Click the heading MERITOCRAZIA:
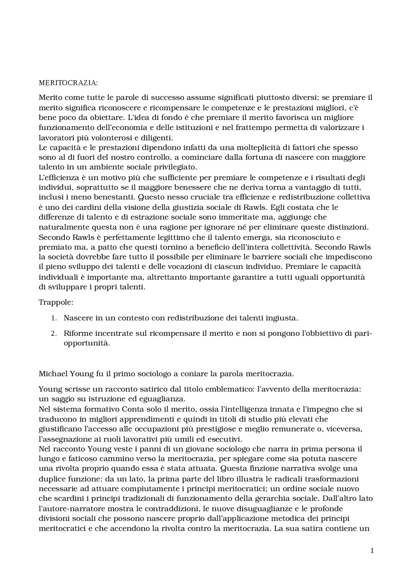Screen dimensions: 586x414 (68, 83)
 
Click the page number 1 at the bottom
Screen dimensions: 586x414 (372, 551)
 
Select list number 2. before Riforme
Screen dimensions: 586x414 (54, 334)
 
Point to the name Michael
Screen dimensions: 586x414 (53, 374)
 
